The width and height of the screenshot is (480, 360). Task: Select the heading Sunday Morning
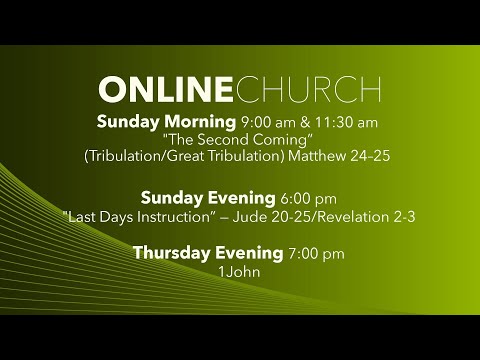coord(165,122)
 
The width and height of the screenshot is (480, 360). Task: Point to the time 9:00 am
coord(263,122)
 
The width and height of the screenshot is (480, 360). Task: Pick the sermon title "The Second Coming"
coord(240,140)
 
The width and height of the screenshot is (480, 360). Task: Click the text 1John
coord(240,270)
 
